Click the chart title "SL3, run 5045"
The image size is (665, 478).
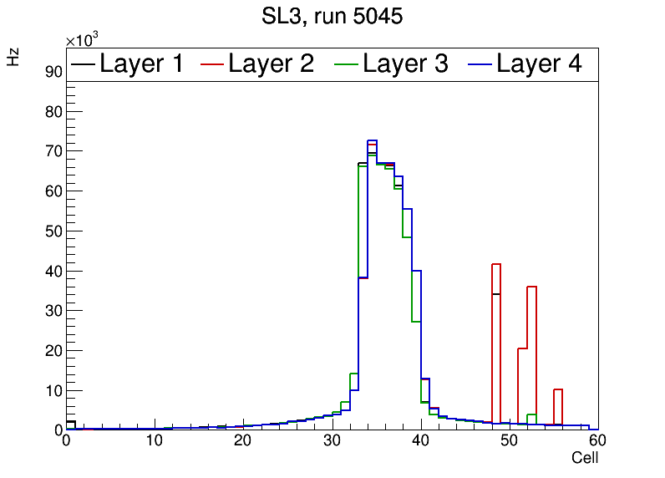pyautogui.click(x=332, y=17)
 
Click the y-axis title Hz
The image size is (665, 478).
pyautogui.click(x=13, y=57)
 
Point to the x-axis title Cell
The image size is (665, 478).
pyautogui.click(x=585, y=458)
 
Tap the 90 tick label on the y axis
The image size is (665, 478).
pyautogui.click(x=53, y=72)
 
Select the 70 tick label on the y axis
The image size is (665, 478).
pyautogui.click(x=53, y=151)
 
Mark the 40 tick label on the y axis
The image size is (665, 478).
pyautogui.click(x=53, y=271)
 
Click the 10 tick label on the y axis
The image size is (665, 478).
pyautogui.click(x=53, y=390)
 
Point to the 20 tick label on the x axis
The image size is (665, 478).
pyautogui.click(x=243, y=441)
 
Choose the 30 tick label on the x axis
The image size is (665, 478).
pyautogui.click(x=332, y=441)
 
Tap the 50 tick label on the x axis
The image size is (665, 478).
pyautogui.click(x=509, y=441)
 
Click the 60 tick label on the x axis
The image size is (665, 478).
pyautogui.click(x=596, y=441)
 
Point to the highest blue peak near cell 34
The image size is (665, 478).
pyautogui.click(x=372, y=141)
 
